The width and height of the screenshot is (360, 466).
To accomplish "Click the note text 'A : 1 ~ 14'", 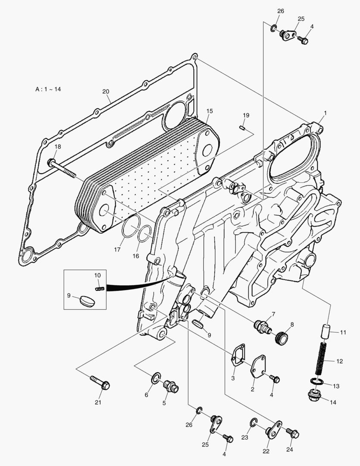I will (x=48, y=89).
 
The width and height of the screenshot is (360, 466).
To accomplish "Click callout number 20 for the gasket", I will (x=106, y=91).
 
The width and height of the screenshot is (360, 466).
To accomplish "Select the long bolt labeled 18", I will (x=63, y=169).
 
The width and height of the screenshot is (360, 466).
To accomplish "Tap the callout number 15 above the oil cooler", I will (x=209, y=111).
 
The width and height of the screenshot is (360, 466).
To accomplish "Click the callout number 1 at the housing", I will (x=325, y=113).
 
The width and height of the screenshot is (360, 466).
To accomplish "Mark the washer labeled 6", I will (x=156, y=379).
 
